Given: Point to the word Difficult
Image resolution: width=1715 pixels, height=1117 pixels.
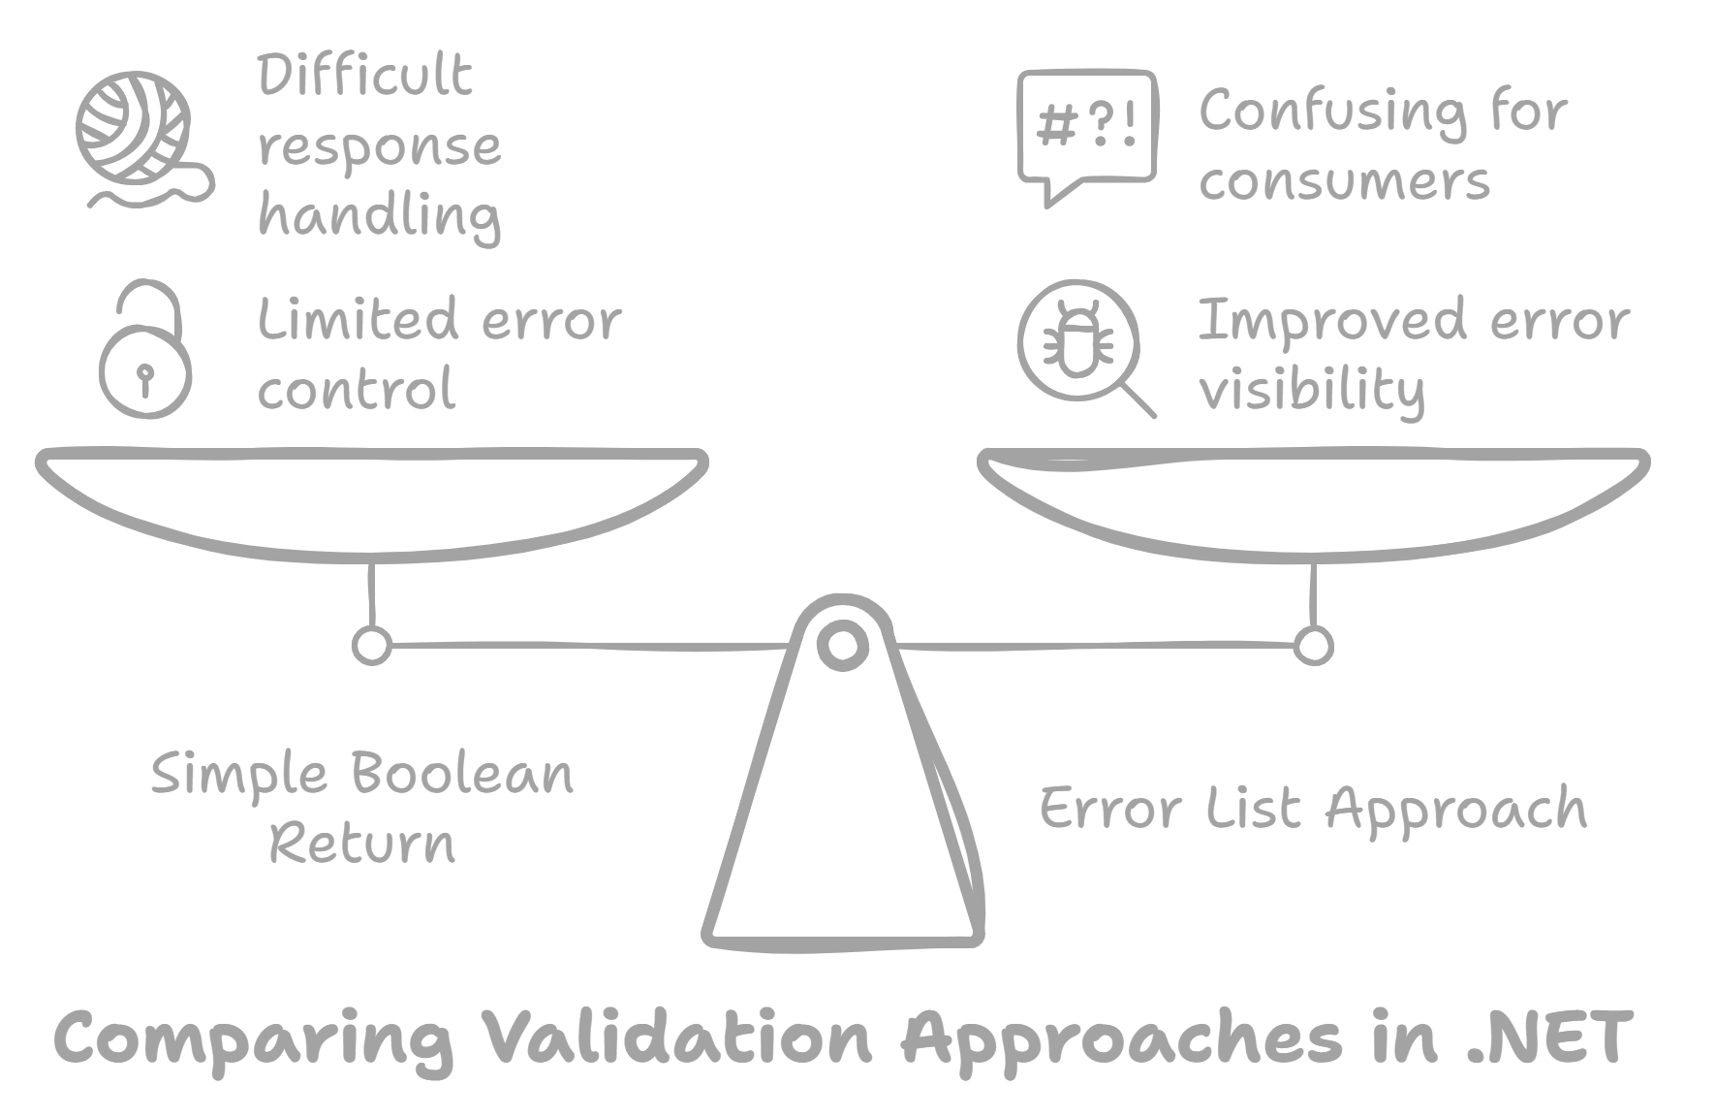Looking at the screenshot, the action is [x=365, y=76].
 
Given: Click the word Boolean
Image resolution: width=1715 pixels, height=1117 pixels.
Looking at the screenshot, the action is [x=461, y=775].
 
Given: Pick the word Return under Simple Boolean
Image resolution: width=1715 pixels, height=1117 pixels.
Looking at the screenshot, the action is [x=361, y=843].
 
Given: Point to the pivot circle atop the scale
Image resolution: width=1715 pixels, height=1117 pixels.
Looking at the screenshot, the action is [x=842, y=644].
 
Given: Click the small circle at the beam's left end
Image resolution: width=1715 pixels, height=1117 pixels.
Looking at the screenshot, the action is [x=371, y=645].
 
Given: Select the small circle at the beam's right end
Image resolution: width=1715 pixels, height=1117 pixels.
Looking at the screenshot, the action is [x=1314, y=645].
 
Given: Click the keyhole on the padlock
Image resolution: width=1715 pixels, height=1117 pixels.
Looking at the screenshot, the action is [x=145, y=377].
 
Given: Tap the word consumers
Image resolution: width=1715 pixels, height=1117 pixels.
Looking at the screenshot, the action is [x=1344, y=181].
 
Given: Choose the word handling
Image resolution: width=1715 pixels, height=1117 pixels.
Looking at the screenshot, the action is [x=379, y=215].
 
